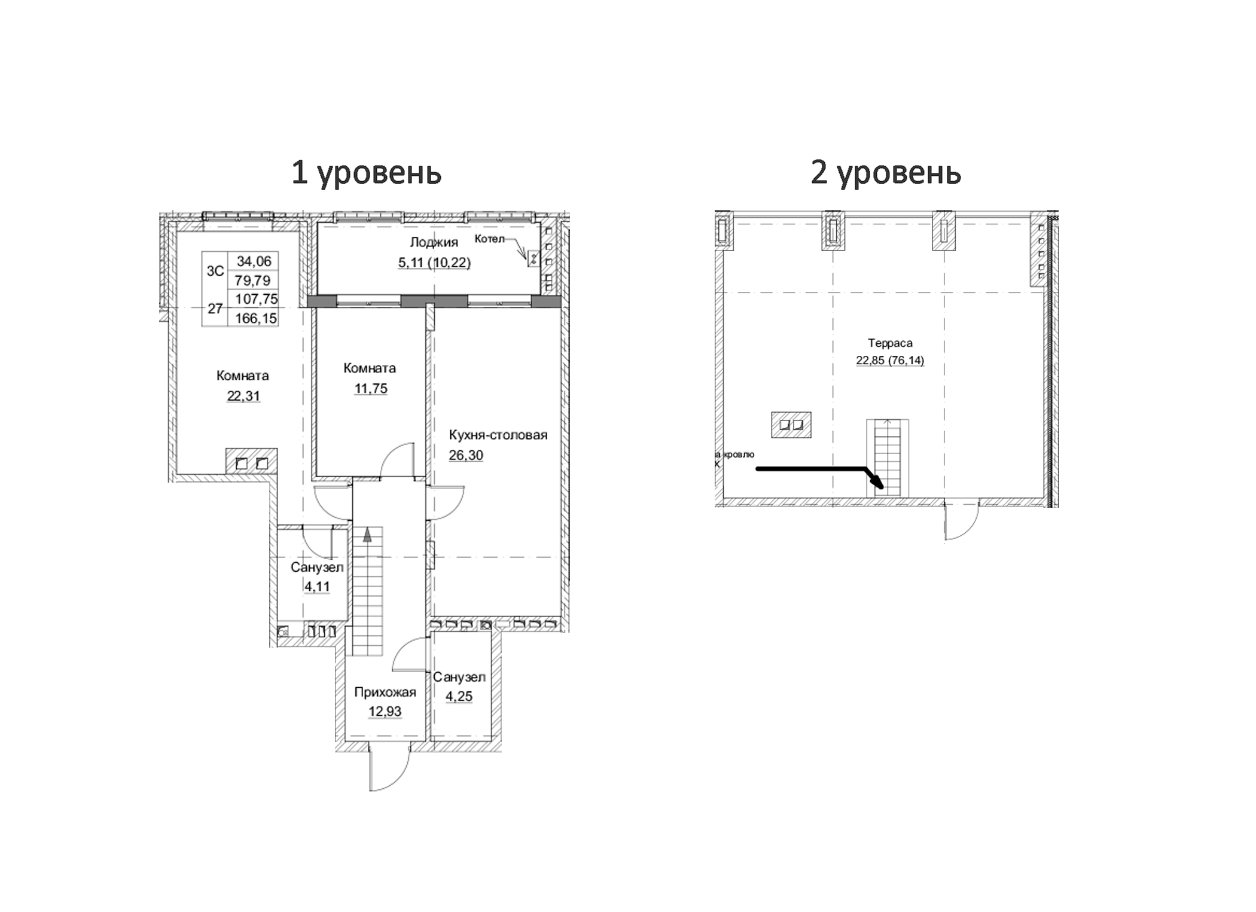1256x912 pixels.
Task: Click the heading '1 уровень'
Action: click(366, 173)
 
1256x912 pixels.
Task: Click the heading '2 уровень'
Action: click(885, 173)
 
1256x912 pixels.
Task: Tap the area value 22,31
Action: click(243, 396)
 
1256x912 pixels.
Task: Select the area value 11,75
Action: click(371, 389)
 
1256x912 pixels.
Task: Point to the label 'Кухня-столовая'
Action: click(498, 435)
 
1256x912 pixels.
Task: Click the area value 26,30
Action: click(466, 455)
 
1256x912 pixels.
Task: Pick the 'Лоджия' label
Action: click(434, 242)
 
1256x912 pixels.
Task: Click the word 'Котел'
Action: click(489, 239)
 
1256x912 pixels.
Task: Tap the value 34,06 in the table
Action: click(254, 261)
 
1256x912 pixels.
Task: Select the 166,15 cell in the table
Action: click(255, 318)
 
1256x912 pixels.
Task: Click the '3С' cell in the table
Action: click(215, 271)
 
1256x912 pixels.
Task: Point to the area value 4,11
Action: click(317, 587)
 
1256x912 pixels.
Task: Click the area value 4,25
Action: click(459, 696)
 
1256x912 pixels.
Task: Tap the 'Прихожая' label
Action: click(385, 693)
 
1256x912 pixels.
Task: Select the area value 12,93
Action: click(385, 712)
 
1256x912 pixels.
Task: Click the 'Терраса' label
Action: click(890, 343)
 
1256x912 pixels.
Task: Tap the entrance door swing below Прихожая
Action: click(389, 768)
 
